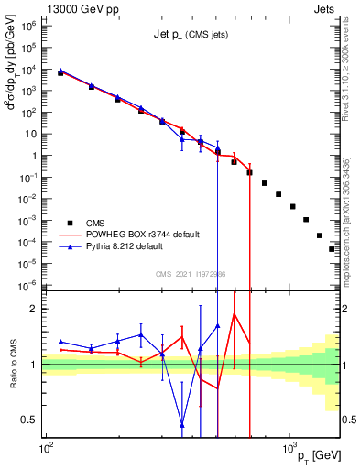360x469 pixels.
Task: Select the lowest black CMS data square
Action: [x=332, y=248]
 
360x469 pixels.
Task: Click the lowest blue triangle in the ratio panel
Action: [x=181, y=423]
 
